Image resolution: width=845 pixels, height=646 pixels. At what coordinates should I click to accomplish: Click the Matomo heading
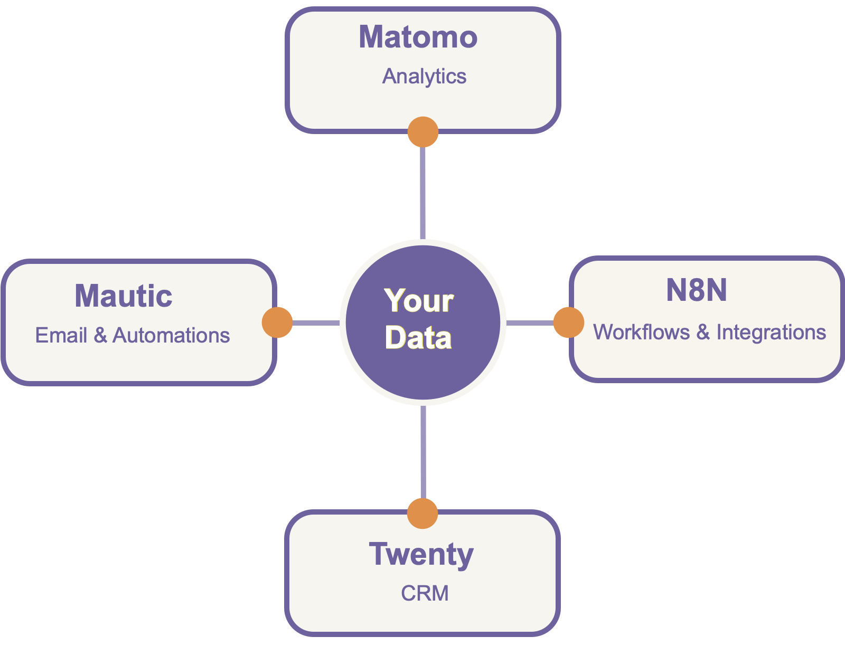(x=418, y=37)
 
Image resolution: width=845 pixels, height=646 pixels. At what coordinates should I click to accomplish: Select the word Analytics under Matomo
(x=424, y=77)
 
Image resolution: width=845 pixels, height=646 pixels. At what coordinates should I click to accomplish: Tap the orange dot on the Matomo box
(x=423, y=132)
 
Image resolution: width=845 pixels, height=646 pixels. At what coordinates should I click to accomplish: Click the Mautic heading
(x=124, y=296)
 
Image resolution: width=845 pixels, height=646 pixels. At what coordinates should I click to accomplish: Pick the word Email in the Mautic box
(x=61, y=336)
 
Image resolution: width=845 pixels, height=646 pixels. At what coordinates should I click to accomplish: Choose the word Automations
(x=171, y=336)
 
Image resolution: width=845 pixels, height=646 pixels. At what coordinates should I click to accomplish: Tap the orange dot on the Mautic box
(x=277, y=322)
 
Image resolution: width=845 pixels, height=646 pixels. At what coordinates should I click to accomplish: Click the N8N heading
(x=696, y=290)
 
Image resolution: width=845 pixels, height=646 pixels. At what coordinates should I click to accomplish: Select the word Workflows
(x=641, y=332)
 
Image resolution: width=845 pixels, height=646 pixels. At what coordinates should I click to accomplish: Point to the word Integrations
(x=771, y=332)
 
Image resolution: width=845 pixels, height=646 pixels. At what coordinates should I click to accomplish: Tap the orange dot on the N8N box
(x=569, y=322)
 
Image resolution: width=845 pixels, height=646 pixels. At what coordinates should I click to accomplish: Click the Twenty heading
(x=421, y=555)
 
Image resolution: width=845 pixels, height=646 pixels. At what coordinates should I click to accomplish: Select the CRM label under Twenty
(x=425, y=594)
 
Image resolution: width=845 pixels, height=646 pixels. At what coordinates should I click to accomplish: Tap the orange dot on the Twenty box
(x=422, y=513)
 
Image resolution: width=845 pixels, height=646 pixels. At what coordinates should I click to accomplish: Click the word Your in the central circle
(x=419, y=301)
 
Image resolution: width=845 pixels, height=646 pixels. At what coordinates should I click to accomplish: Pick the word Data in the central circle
(x=418, y=338)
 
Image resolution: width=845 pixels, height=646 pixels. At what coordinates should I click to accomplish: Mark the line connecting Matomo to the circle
(x=423, y=193)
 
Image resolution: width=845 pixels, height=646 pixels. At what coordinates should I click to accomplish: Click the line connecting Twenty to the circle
(x=423, y=451)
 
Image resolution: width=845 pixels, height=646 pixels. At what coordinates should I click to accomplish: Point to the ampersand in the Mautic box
(x=100, y=336)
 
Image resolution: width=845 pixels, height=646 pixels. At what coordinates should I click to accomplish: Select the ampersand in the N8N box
(x=702, y=332)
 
